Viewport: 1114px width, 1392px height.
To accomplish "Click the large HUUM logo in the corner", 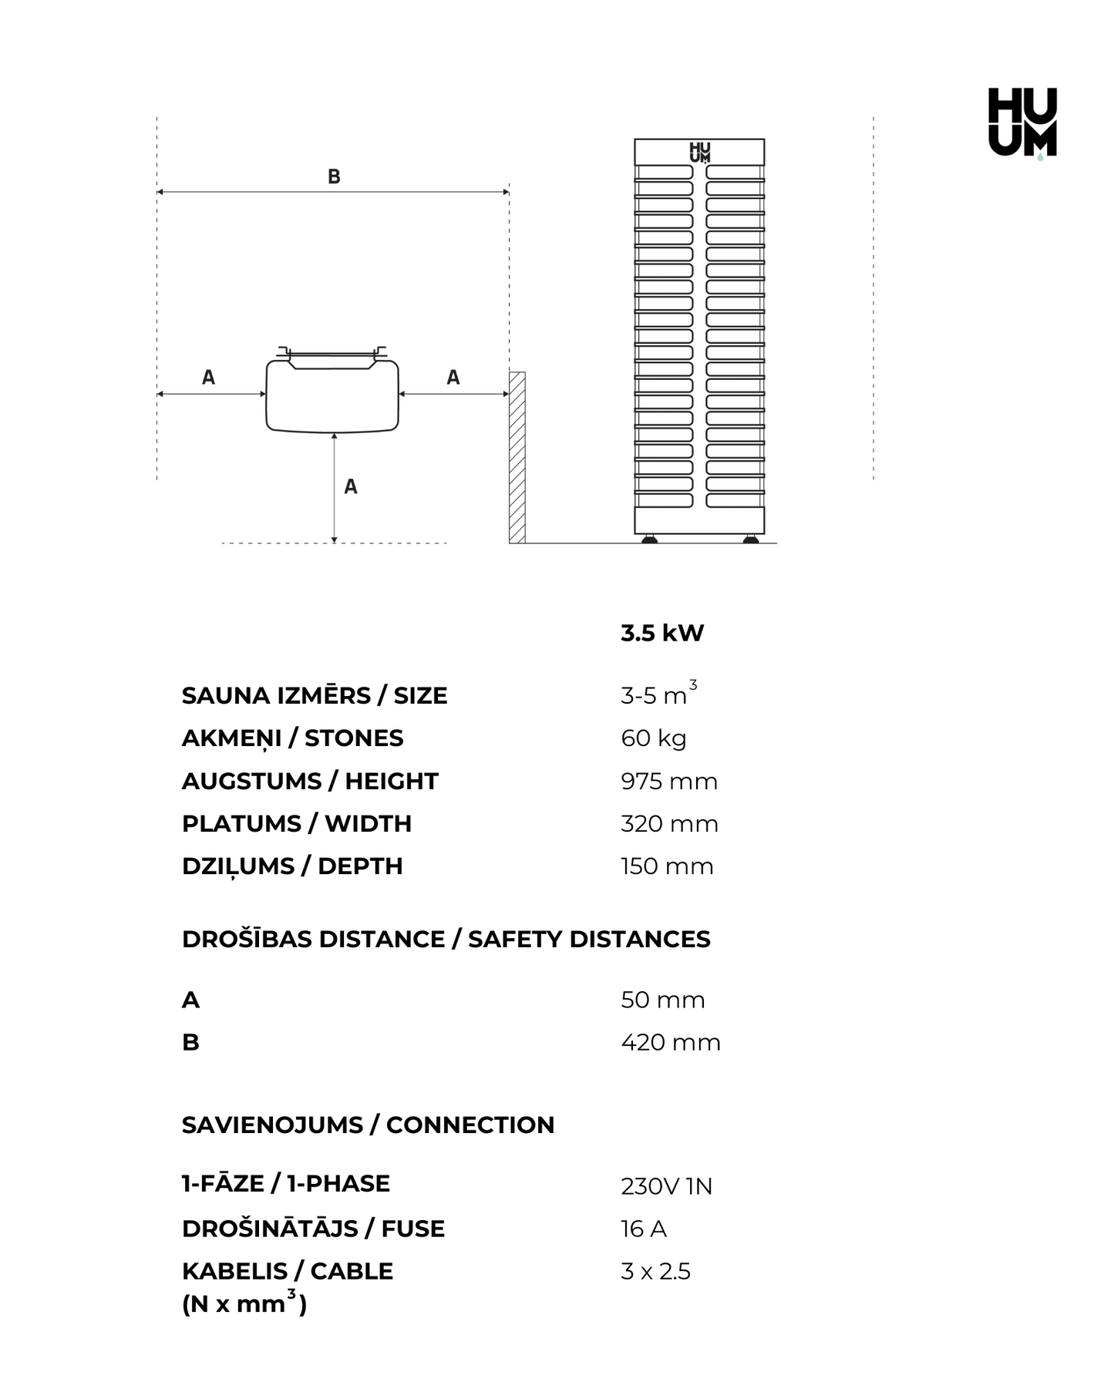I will coord(1022,122).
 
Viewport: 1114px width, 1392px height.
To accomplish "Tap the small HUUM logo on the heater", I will coord(699,152).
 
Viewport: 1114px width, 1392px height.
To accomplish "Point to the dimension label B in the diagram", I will coord(334,177).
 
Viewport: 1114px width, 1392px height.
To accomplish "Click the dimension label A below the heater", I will coord(351,486).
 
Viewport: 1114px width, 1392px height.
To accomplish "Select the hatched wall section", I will coord(517,457).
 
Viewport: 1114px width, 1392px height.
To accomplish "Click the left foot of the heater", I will coord(650,540).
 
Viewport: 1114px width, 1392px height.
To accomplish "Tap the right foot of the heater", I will coord(750,540).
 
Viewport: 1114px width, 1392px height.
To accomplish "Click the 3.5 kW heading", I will coord(662,633).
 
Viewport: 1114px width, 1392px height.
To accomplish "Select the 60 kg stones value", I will coord(654,738).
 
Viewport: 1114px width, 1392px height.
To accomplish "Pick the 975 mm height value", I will coord(669,782).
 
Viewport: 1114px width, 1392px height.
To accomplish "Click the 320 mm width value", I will coord(669,824).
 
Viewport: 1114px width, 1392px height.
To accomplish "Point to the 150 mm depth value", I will coord(667,866).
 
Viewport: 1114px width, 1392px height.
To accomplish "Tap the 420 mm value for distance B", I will coord(671,1043).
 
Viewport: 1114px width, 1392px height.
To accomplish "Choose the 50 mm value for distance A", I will coord(663,1000).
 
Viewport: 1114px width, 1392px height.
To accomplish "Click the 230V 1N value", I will coord(666,1186).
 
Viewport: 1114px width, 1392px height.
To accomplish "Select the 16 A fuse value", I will coord(644,1229).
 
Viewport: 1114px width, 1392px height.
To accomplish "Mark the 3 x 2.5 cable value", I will coord(655,1271).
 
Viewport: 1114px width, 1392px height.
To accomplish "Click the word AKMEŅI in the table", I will coord(231,738).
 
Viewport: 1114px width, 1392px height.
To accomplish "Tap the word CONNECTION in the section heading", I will coord(470,1125).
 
